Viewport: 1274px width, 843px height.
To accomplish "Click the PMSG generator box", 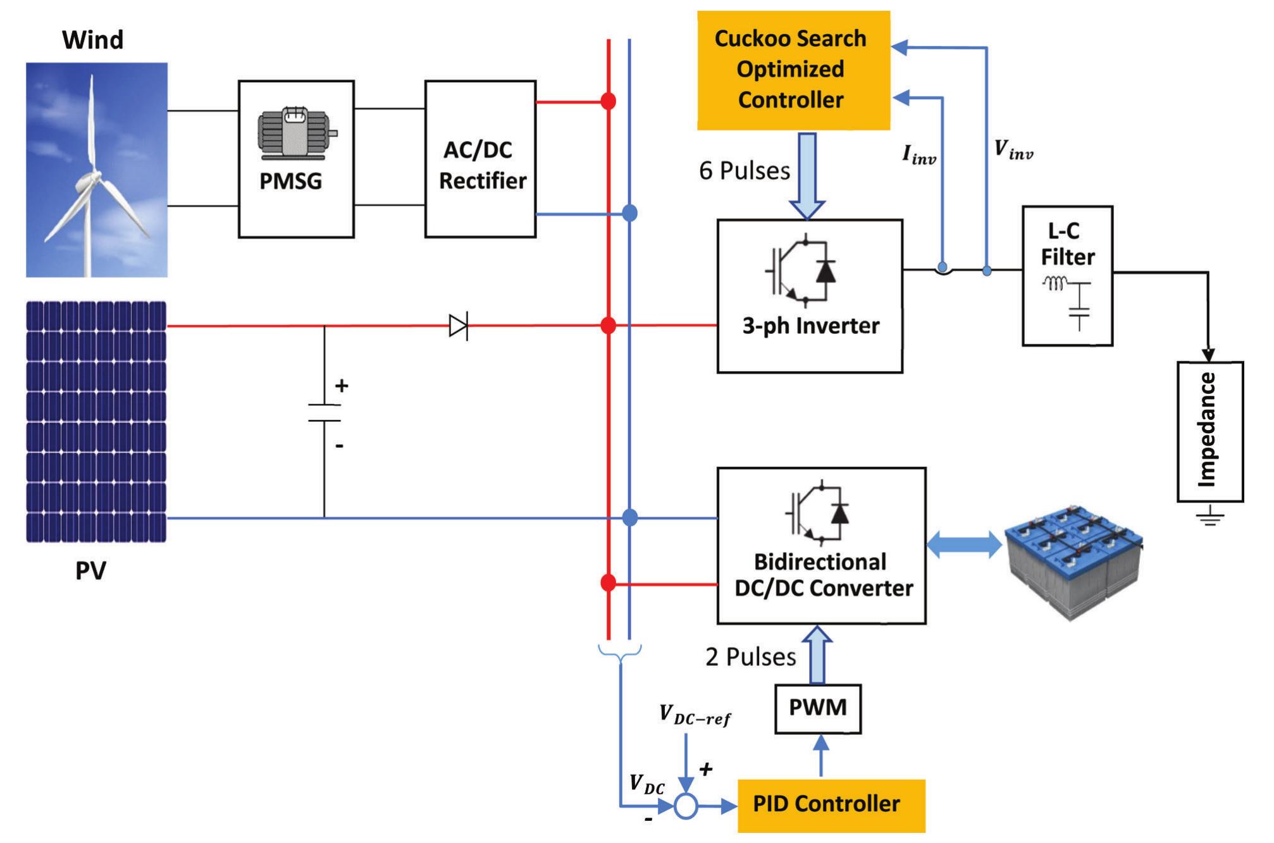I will [x=295, y=159].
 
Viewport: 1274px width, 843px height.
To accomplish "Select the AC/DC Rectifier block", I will [x=480, y=159].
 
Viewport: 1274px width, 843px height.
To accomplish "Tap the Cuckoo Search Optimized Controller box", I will [x=793, y=70].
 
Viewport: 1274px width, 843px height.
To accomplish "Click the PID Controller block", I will [x=831, y=805].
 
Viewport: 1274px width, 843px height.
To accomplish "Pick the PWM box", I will [x=817, y=708].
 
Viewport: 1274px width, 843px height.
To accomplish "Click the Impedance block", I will [x=1209, y=431].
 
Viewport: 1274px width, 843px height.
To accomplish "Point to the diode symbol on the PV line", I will [x=459, y=326].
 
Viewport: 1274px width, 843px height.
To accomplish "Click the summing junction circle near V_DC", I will [x=686, y=806].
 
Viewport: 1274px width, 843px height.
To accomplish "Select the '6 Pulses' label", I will [x=744, y=171].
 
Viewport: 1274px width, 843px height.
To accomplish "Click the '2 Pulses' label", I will [x=750, y=657].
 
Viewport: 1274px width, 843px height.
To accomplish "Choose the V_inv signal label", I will [x=1013, y=150].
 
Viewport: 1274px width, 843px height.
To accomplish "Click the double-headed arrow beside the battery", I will [x=963, y=545].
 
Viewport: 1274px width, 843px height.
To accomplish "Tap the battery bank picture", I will [x=1073, y=560].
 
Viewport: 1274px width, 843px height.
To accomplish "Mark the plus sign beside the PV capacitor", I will [x=342, y=385].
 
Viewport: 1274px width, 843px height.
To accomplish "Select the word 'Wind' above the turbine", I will [x=93, y=40].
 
